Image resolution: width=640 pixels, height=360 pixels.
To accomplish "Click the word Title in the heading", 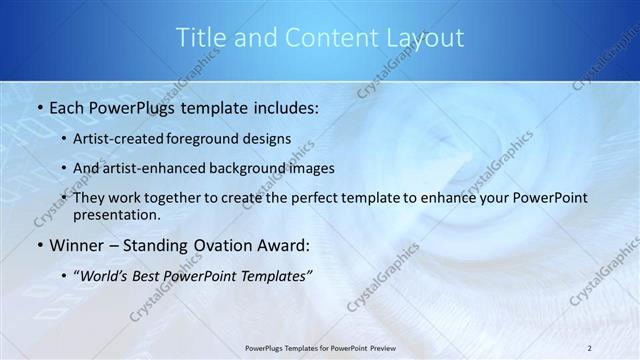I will coord(200,38).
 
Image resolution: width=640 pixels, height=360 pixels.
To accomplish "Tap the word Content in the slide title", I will coord(326,38).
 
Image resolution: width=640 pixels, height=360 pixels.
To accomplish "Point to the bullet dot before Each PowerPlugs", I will coord(38,105).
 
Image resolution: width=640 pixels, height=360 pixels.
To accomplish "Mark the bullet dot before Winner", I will coord(38,245).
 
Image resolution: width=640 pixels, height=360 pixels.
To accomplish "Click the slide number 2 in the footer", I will coord(589,347).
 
